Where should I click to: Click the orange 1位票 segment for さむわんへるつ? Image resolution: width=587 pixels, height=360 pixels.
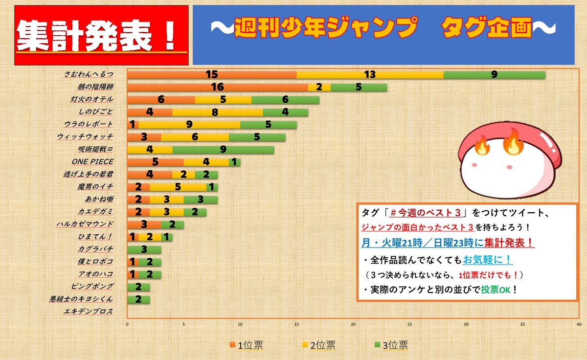click(211, 74)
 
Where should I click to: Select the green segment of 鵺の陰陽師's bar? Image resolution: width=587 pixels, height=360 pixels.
click(359, 87)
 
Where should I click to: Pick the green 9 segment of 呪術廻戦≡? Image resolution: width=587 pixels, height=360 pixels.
click(223, 149)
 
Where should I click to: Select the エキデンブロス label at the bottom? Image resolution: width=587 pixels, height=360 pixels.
click(89, 312)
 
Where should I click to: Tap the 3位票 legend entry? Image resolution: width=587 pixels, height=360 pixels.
click(391, 345)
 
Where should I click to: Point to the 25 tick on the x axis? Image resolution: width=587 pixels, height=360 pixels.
click(409, 324)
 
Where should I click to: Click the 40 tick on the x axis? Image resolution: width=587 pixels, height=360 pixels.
click(579, 324)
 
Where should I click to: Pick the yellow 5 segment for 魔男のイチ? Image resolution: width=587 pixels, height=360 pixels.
click(178, 187)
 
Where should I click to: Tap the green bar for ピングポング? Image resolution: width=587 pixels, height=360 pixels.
click(138, 287)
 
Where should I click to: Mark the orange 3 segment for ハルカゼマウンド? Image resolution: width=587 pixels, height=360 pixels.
click(144, 225)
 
